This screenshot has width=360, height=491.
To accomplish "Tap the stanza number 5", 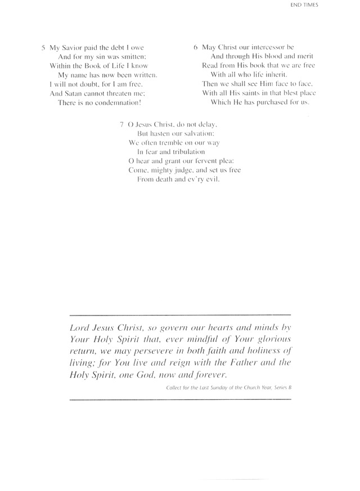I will point(43,48).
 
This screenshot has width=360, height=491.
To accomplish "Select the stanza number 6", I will point(195,47).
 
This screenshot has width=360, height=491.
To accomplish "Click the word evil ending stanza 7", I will point(210,179).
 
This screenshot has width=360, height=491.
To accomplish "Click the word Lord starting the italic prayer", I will point(79,327).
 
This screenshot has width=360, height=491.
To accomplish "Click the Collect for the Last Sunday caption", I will point(228,388).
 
